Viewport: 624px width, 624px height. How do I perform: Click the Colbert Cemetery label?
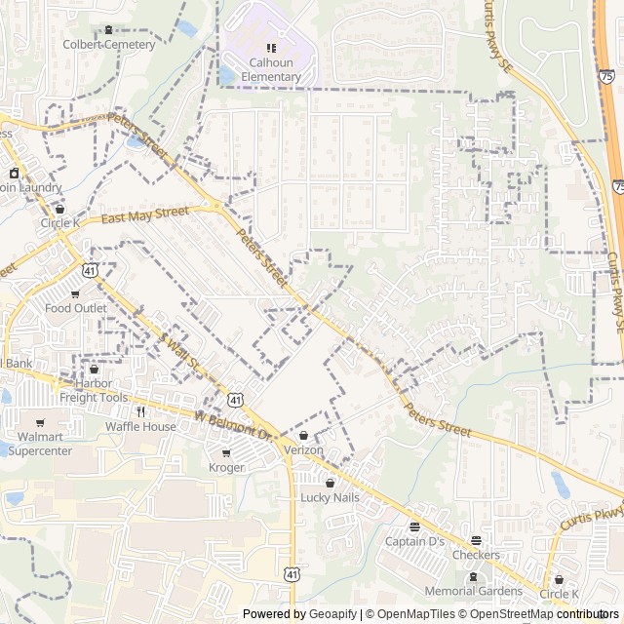109,45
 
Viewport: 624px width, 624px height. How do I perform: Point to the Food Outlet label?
76,308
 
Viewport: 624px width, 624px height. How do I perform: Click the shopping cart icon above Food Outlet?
75,293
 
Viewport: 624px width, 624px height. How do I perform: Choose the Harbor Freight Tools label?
94,390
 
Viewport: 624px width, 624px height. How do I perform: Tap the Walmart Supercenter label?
40,444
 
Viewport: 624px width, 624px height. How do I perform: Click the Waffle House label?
140,426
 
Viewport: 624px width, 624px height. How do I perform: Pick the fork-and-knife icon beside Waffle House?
140,411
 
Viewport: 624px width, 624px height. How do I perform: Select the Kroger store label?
226,468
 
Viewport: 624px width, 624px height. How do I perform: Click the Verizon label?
303,450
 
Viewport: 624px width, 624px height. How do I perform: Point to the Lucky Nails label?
330,497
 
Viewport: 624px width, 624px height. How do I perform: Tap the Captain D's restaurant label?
414,541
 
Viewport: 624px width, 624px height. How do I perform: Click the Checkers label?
476,555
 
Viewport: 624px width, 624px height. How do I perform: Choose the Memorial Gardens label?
475,591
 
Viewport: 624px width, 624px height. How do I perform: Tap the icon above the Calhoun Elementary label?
271,48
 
